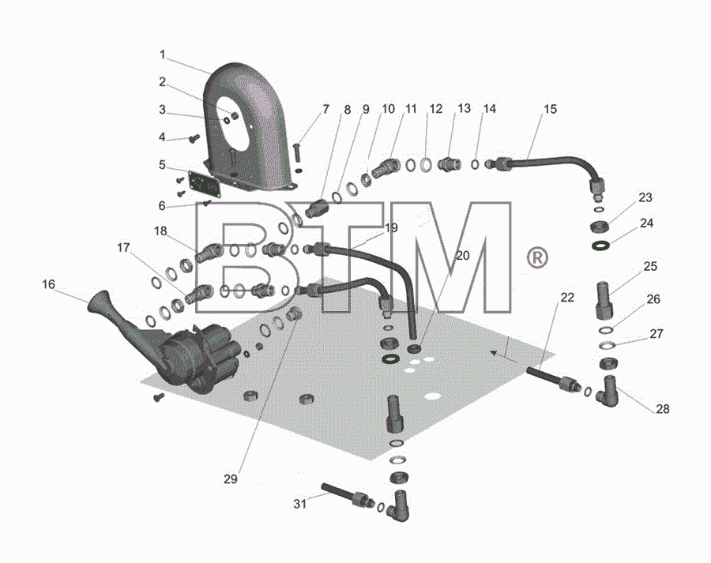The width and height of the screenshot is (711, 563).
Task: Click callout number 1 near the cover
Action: [162, 54]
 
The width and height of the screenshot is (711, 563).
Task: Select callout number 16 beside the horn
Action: [48, 284]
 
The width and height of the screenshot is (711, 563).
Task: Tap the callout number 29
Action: [231, 479]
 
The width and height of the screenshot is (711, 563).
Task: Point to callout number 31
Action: [299, 504]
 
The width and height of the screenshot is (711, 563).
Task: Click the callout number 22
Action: [567, 298]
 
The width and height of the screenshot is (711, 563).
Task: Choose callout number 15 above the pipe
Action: [550, 109]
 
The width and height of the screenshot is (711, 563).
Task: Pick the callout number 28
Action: [663, 409]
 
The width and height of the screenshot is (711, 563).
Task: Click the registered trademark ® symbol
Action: [537, 257]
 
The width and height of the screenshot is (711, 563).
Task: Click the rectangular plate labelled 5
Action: [204, 183]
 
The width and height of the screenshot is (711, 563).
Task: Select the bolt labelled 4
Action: [195, 138]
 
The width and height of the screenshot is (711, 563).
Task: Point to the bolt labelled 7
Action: [298, 152]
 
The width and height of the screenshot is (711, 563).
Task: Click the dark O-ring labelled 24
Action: [601, 246]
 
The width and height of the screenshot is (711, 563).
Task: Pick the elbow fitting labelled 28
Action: [608, 391]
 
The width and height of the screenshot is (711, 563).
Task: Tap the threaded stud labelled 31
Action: [347, 495]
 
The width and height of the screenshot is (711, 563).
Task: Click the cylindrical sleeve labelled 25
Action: [604, 301]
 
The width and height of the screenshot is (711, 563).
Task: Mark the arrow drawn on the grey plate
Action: [504, 357]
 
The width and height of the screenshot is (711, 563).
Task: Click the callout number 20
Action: [462, 256]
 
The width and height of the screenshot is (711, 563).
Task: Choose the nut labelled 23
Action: [600, 226]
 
